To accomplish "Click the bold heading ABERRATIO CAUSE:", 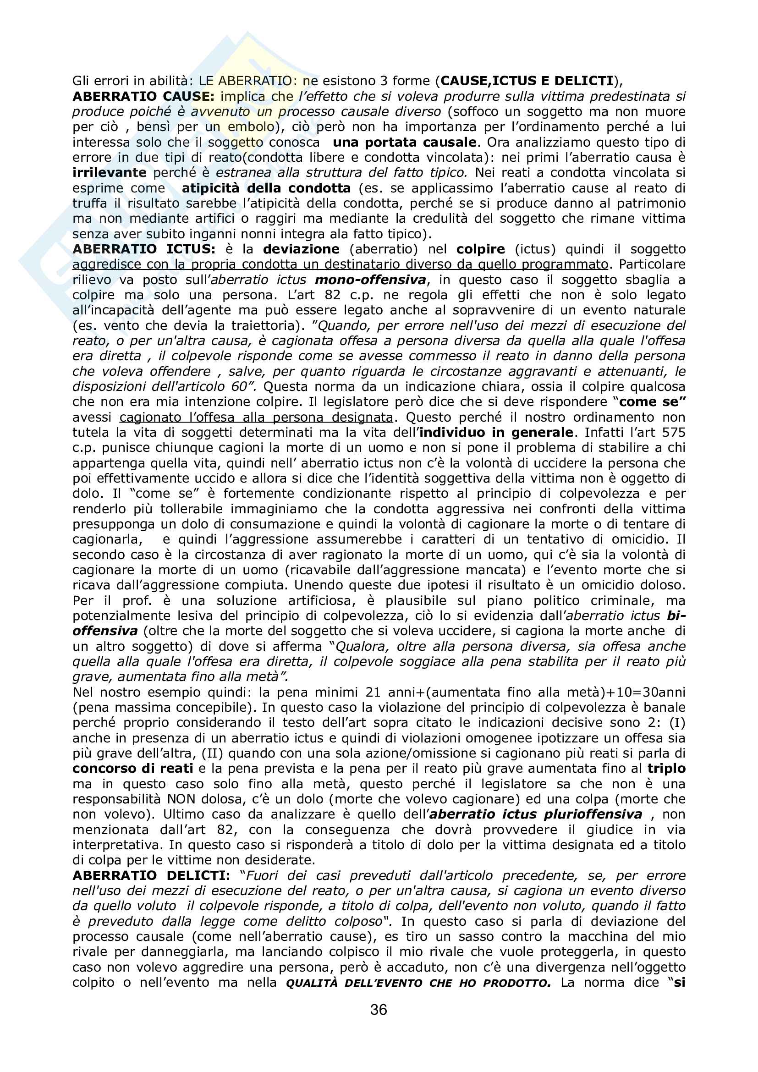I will pos(143,97).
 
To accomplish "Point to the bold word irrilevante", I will pos(109,173).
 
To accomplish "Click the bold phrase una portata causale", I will pos(405,143).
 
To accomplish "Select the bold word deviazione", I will pos(301,249).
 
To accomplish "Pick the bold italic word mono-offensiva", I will pos(371,280).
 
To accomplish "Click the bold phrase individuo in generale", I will pos(497,433).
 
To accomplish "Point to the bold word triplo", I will pos(666,769).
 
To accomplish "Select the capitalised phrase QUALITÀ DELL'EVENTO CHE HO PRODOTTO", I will pos(418,983).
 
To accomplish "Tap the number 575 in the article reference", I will pos(672,433).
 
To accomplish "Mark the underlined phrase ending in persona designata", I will pos(256,418).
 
